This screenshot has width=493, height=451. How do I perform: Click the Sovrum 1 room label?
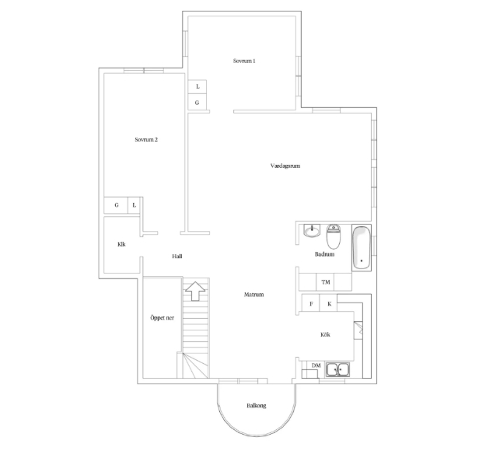pyautogui.click(x=244, y=61)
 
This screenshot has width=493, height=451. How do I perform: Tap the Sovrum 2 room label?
pyautogui.click(x=146, y=139)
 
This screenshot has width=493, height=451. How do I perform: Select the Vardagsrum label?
pyautogui.click(x=285, y=166)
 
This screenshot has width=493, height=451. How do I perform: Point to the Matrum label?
pyautogui.click(x=253, y=295)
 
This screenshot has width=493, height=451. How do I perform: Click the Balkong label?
pyautogui.click(x=257, y=405)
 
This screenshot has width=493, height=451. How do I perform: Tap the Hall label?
pyautogui.click(x=177, y=257)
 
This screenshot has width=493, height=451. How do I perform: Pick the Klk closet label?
pyautogui.click(x=121, y=244)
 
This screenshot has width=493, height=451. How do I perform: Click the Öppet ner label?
pyautogui.click(x=162, y=318)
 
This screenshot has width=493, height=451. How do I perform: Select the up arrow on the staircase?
pyautogui.click(x=195, y=291)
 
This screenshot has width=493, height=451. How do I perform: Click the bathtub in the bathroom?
pyautogui.click(x=362, y=247)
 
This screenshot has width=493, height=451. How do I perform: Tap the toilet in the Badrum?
pyautogui.click(x=334, y=236)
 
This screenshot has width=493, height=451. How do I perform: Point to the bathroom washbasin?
pyautogui.click(x=312, y=231)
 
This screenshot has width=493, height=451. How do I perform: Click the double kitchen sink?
pyautogui.click(x=337, y=369)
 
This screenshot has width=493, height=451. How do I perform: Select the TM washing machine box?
pyautogui.click(x=325, y=281)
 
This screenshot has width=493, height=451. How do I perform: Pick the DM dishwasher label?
pyautogui.click(x=316, y=365)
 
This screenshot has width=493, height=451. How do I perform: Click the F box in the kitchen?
pyautogui.click(x=310, y=303)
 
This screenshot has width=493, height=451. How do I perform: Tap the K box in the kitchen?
pyautogui.click(x=329, y=303)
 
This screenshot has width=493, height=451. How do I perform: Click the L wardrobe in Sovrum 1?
pyautogui.click(x=198, y=86)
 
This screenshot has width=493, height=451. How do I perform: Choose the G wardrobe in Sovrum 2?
pyautogui.click(x=116, y=205)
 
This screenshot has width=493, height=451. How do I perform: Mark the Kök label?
pyautogui.click(x=325, y=334)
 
